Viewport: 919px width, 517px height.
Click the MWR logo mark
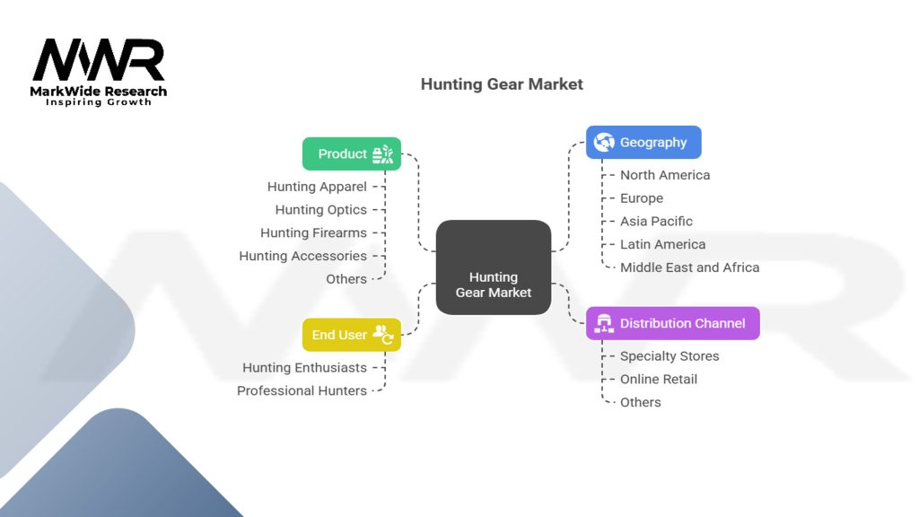coord(99,61)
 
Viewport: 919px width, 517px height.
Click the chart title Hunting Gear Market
coord(502,84)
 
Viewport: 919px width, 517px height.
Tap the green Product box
coord(351,153)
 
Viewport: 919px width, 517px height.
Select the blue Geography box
coord(643,142)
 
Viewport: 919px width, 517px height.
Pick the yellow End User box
coord(351,335)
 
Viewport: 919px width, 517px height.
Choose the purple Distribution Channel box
coord(672,323)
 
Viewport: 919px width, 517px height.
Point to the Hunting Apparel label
coord(317,187)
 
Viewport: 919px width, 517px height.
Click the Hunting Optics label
coord(320,210)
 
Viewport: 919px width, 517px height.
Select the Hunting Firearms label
coord(313,232)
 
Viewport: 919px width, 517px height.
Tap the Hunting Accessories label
coord(302,256)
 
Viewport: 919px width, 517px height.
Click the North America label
coord(665,175)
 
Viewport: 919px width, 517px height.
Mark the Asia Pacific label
coord(656,221)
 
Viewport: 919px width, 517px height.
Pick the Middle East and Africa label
coord(689,267)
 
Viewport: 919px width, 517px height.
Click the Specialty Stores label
coord(670,356)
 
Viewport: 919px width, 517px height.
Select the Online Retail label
coord(659,379)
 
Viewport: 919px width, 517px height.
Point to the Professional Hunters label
coord(302,390)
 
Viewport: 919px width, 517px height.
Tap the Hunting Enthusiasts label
coord(304,368)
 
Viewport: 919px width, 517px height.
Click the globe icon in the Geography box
coord(604,142)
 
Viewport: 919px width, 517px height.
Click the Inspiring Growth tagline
coord(99,102)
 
